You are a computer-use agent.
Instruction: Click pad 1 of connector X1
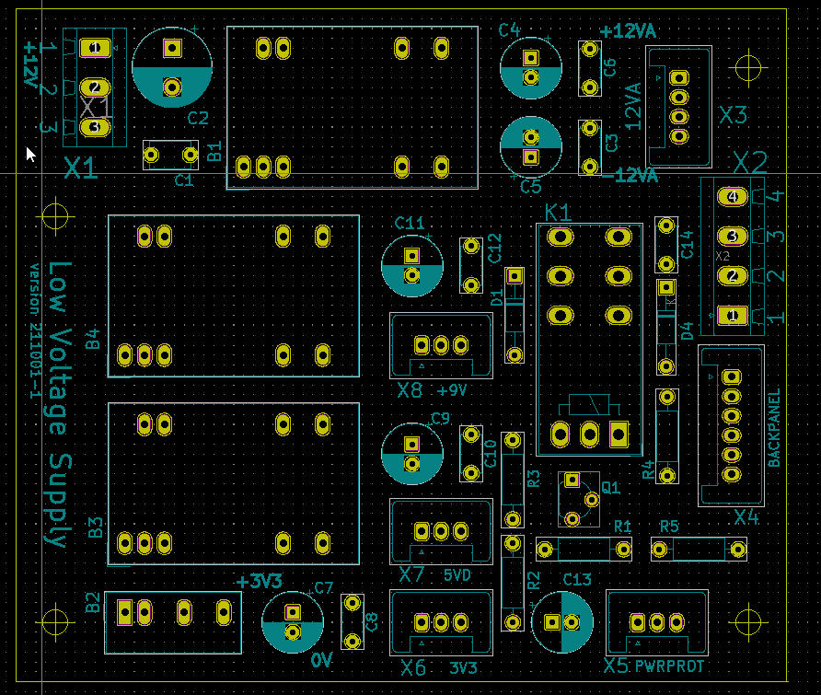click(94, 47)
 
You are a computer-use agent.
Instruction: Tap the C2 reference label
click(198, 118)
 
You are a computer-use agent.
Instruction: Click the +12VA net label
click(628, 31)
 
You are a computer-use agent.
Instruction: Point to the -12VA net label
click(629, 175)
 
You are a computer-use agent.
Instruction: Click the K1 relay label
click(558, 213)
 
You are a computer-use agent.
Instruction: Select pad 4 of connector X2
click(733, 197)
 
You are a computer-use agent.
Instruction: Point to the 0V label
click(321, 660)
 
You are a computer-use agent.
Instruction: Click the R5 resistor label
click(669, 527)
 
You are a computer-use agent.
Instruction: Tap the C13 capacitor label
click(577, 578)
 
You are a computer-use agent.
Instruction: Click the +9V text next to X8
click(452, 390)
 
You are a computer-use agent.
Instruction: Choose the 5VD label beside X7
click(457, 575)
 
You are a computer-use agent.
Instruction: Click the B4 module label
click(93, 340)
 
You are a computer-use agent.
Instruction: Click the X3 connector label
click(734, 115)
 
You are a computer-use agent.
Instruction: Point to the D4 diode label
click(686, 330)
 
